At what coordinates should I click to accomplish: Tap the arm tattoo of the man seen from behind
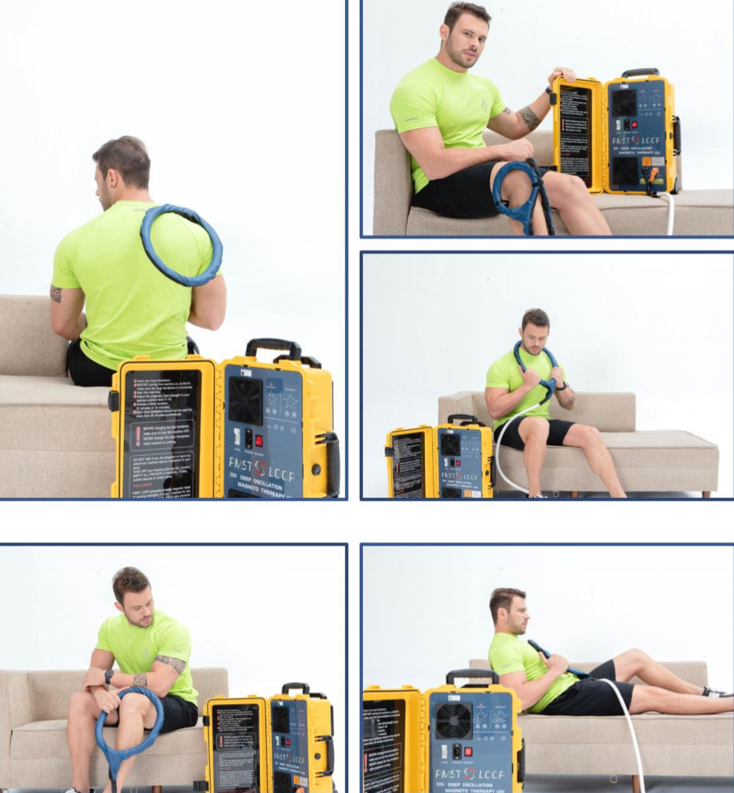tap(56, 293)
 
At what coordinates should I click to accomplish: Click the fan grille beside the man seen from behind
tap(245, 400)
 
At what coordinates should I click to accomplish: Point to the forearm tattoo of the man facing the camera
tap(529, 117)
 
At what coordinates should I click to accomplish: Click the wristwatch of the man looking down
tap(109, 676)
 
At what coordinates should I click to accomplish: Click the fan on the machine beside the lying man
tap(453, 720)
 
